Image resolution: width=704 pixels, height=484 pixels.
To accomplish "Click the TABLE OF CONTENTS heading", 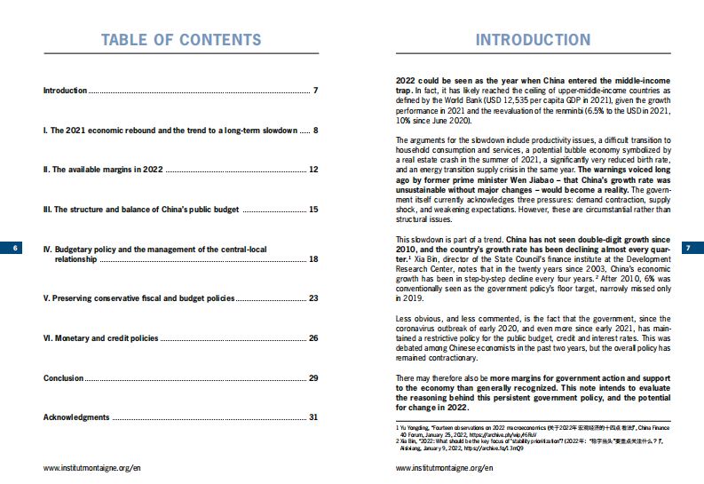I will point(181,41).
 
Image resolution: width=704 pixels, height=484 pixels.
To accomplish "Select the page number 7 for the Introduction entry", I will point(315,91).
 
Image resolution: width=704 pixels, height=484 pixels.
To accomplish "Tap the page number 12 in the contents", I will point(312,169).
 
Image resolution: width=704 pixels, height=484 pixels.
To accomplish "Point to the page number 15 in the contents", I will point(312,210).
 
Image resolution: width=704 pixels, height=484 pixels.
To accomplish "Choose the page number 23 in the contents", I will point(312,298).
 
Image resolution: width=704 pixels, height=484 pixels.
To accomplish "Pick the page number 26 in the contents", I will point(312,338).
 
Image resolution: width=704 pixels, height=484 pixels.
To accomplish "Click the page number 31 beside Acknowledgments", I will point(312,417).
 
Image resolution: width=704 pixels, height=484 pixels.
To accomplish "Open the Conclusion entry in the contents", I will point(64,378).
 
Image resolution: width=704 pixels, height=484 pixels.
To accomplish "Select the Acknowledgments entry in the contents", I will point(76,417).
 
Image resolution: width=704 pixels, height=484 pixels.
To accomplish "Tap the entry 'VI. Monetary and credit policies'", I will point(100,338).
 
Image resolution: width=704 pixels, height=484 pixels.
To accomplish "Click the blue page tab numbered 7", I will point(689,249).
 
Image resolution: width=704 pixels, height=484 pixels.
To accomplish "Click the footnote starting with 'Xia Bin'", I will point(533,444).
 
